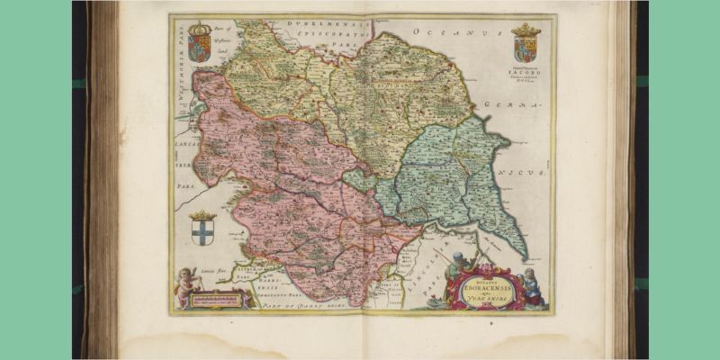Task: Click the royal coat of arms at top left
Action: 198,43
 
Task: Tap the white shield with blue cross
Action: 204,232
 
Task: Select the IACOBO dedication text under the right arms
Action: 525,74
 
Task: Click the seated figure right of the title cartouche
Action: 531,286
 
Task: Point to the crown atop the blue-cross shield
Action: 204,216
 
